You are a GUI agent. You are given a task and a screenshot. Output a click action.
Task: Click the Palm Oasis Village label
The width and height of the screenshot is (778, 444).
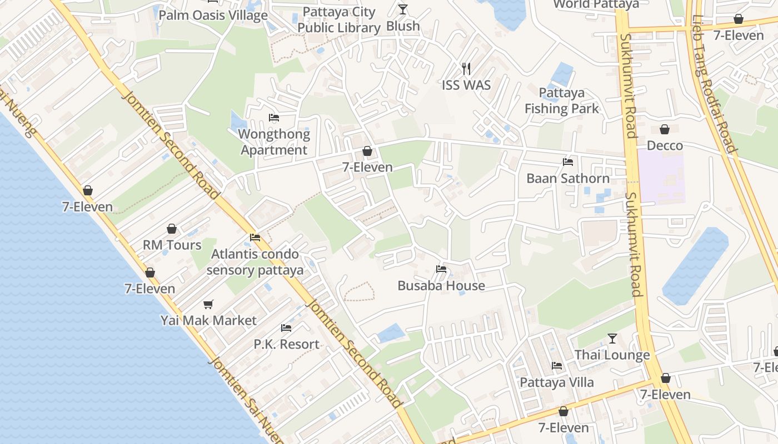213,15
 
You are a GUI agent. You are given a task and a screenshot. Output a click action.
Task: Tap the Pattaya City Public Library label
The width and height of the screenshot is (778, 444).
338,20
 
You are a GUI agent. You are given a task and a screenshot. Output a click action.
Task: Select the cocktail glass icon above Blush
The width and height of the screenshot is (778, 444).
403,9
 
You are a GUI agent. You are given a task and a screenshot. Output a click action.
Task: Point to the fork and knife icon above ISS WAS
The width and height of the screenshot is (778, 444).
466,69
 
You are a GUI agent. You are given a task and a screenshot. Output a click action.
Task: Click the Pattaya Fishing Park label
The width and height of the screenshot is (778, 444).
562,100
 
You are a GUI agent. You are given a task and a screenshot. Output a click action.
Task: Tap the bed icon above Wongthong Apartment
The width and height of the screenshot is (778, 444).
274,118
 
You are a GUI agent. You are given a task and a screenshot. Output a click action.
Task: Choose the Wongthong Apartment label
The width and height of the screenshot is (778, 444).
274,142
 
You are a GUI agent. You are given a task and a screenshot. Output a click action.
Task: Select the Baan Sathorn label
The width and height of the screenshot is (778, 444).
568,178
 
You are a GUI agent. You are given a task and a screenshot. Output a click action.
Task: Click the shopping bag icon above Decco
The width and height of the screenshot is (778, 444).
665,129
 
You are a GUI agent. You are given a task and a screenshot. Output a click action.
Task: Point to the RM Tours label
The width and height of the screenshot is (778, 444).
172,245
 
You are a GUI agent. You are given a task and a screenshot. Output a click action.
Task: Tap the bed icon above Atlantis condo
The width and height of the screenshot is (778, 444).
255,238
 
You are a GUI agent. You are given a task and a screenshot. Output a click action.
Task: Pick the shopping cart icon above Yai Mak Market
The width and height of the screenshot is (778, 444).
208,304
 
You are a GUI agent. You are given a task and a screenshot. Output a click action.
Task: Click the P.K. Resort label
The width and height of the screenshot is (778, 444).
287,344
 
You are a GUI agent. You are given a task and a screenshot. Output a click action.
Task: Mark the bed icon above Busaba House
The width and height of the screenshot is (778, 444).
441,269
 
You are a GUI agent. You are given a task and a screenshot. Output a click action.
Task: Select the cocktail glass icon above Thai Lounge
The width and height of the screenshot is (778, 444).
612,339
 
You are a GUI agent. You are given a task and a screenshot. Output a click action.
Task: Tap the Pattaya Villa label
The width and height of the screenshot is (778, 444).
557,382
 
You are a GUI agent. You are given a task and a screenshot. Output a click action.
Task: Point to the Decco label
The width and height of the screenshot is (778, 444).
665,145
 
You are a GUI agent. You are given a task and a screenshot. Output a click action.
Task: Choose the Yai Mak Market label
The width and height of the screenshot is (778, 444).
208,320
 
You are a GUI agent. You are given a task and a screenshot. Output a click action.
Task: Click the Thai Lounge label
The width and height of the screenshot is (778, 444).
612,355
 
